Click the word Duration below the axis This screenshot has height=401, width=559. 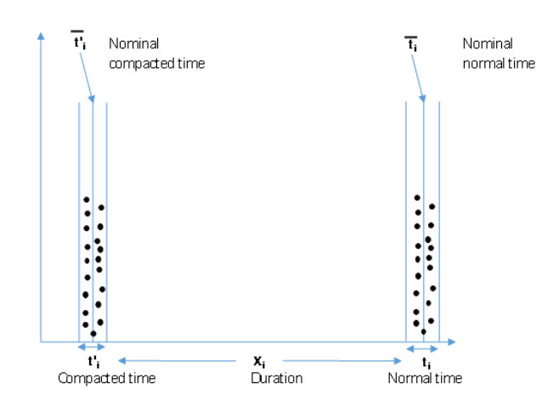tap(277, 378)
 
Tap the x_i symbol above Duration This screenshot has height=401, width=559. tap(259, 361)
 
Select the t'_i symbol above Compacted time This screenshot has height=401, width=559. tap(93, 361)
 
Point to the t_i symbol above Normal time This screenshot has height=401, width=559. tap(426, 363)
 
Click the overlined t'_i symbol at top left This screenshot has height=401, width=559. tap(78, 40)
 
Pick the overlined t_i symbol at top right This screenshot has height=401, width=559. tap(411, 44)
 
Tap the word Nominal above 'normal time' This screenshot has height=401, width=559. tap(488, 43)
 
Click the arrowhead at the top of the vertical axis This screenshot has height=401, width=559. tap(42, 36)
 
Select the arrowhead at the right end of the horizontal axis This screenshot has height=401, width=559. tap(452, 342)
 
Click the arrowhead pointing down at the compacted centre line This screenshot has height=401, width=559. tap(92, 99)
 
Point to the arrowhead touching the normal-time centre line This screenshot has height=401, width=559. tap(422, 99)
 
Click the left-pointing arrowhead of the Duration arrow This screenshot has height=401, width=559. tap(122, 361)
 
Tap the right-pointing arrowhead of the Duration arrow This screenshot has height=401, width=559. tap(398, 361)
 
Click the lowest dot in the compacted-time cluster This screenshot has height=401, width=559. tap(93, 334)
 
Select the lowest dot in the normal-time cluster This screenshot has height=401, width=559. tap(424, 331)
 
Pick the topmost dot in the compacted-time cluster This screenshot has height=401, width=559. tap(87, 200)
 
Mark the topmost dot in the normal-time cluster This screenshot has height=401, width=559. tap(417, 197)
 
